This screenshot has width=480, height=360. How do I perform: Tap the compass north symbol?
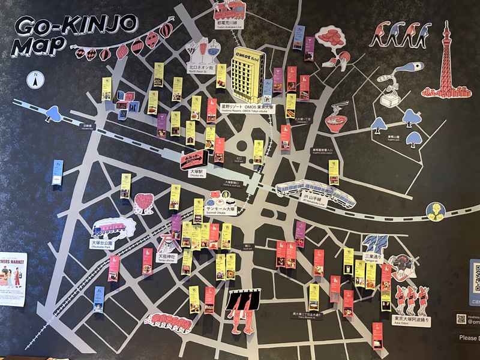tap(36, 79)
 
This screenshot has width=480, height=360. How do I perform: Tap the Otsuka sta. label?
tap(197, 172)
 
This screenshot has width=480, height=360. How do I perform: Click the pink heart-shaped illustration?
tap(143, 203)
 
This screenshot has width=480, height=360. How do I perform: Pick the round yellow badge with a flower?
tap(436, 211)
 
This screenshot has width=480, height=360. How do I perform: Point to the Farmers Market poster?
tap(12, 278)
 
